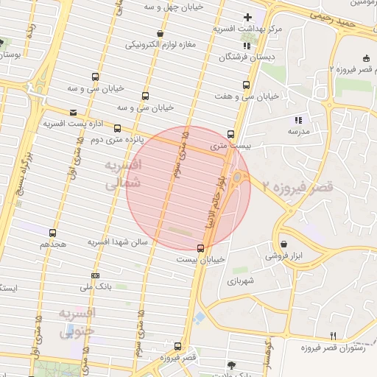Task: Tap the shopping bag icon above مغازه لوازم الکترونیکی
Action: (x=161, y=33)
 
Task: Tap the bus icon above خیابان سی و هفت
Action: (x=246, y=84)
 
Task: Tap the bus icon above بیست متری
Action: (x=230, y=134)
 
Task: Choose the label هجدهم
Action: (x=53, y=243)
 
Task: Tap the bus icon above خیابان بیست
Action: (x=200, y=247)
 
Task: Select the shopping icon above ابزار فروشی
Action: (x=283, y=243)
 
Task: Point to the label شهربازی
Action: (x=241, y=281)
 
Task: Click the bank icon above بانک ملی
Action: (x=94, y=275)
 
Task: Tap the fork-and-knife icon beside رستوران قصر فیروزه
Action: (x=333, y=336)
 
